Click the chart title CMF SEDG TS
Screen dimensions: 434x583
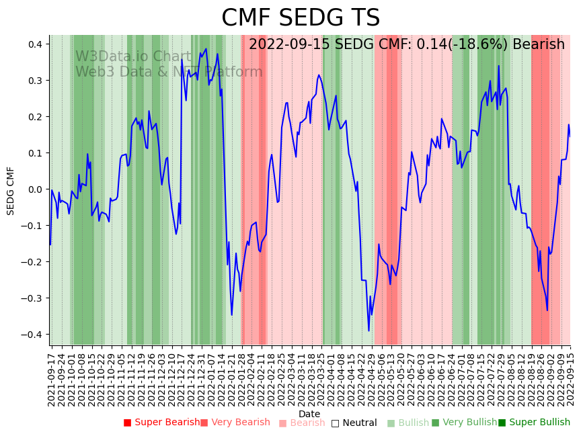301,18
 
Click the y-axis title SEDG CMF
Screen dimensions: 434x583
11,191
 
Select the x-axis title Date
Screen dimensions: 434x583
309,414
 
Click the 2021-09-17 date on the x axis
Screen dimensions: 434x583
52,377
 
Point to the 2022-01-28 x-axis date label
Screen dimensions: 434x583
241,377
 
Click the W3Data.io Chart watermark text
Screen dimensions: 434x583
133,56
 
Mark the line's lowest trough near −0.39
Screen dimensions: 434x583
368,331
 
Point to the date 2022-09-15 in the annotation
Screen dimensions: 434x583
290,44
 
